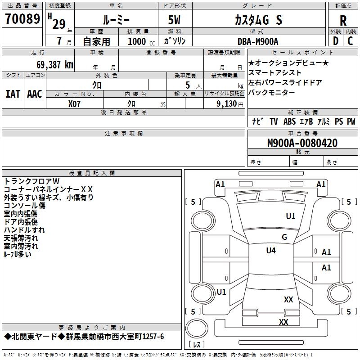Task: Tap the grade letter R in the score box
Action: click(x=343, y=21)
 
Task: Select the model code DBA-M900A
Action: click(x=258, y=41)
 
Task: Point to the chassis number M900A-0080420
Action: click(x=302, y=144)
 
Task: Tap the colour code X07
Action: click(x=74, y=103)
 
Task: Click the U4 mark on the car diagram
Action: click(x=271, y=251)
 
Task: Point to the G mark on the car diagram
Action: click(x=284, y=237)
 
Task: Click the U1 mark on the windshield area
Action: click(x=291, y=216)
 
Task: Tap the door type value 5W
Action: click(x=175, y=20)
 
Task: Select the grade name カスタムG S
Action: click(x=258, y=20)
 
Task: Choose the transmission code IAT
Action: click(x=13, y=94)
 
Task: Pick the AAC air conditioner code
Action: click(x=35, y=94)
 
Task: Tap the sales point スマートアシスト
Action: click(x=275, y=72)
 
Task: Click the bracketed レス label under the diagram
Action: click(x=197, y=344)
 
